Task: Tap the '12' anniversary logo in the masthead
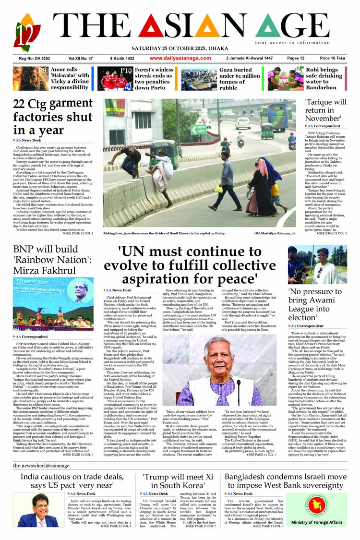coord(27,33)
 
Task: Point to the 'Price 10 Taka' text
coord(332,58)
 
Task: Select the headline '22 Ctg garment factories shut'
coord(53,117)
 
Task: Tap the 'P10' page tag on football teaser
coord(126,71)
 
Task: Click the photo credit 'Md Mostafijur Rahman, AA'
coord(275,233)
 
